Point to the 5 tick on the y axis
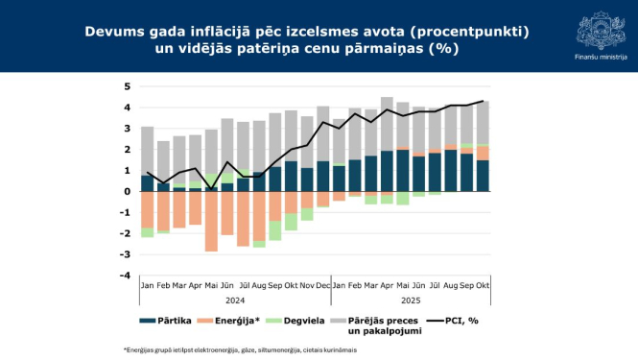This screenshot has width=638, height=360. pyautogui.click(x=127, y=86)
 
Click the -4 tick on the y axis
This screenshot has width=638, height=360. pyautogui.click(x=125, y=276)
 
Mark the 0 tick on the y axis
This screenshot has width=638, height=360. pyautogui.click(x=127, y=192)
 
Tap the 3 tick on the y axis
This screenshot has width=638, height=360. pyautogui.click(x=127, y=129)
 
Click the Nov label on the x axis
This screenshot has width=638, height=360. pyautogui.click(x=307, y=286)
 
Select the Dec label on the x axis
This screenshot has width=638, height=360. pyautogui.click(x=323, y=286)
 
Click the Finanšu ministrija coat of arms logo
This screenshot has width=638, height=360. pyautogui.click(x=602, y=30)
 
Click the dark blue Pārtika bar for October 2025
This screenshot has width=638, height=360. pyautogui.click(x=482, y=176)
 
